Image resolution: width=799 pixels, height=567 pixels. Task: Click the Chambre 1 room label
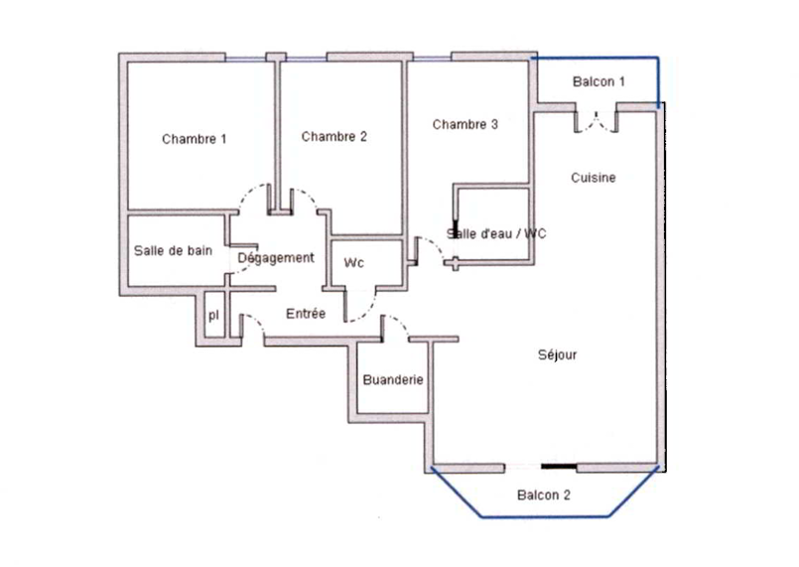pyautogui.click(x=195, y=139)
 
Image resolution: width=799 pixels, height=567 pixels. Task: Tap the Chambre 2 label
pyautogui.click(x=334, y=136)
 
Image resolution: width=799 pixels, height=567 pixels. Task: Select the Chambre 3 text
pyautogui.click(x=465, y=125)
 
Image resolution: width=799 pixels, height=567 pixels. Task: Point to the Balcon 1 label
pyautogui.click(x=599, y=81)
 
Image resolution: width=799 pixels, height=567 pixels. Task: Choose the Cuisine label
pyautogui.click(x=594, y=178)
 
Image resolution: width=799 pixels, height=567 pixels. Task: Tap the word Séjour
pyautogui.click(x=557, y=354)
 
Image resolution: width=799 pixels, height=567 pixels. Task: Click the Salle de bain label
pyautogui.click(x=173, y=251)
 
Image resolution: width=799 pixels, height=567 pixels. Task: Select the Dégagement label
pyautogui.click(x=276, y=257)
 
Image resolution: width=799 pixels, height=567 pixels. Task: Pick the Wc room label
pyautogui.click(x=354, y=263)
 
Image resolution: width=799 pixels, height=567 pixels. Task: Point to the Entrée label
pyautogui.click(x=306, y=314)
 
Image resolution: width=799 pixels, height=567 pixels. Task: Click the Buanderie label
pyautogui.click(x=394, y=380)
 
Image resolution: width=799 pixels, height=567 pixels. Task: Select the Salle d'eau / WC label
pyautogui.click(x=496, y=234)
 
